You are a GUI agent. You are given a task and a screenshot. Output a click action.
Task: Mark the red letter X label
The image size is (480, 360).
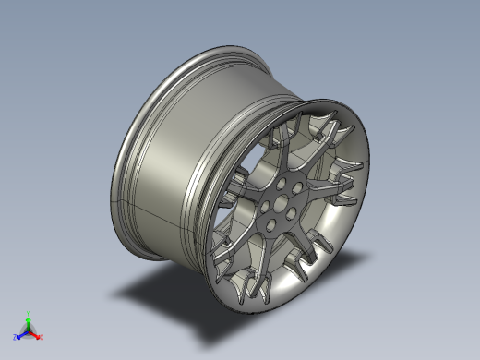pyautogui.click(x=42, y=338)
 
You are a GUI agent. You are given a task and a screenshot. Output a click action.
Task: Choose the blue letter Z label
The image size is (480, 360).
pyautogui.click(x=16, y=337)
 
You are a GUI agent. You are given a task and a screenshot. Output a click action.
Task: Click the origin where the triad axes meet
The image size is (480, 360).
pyautogui.click(x=29, y=330)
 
